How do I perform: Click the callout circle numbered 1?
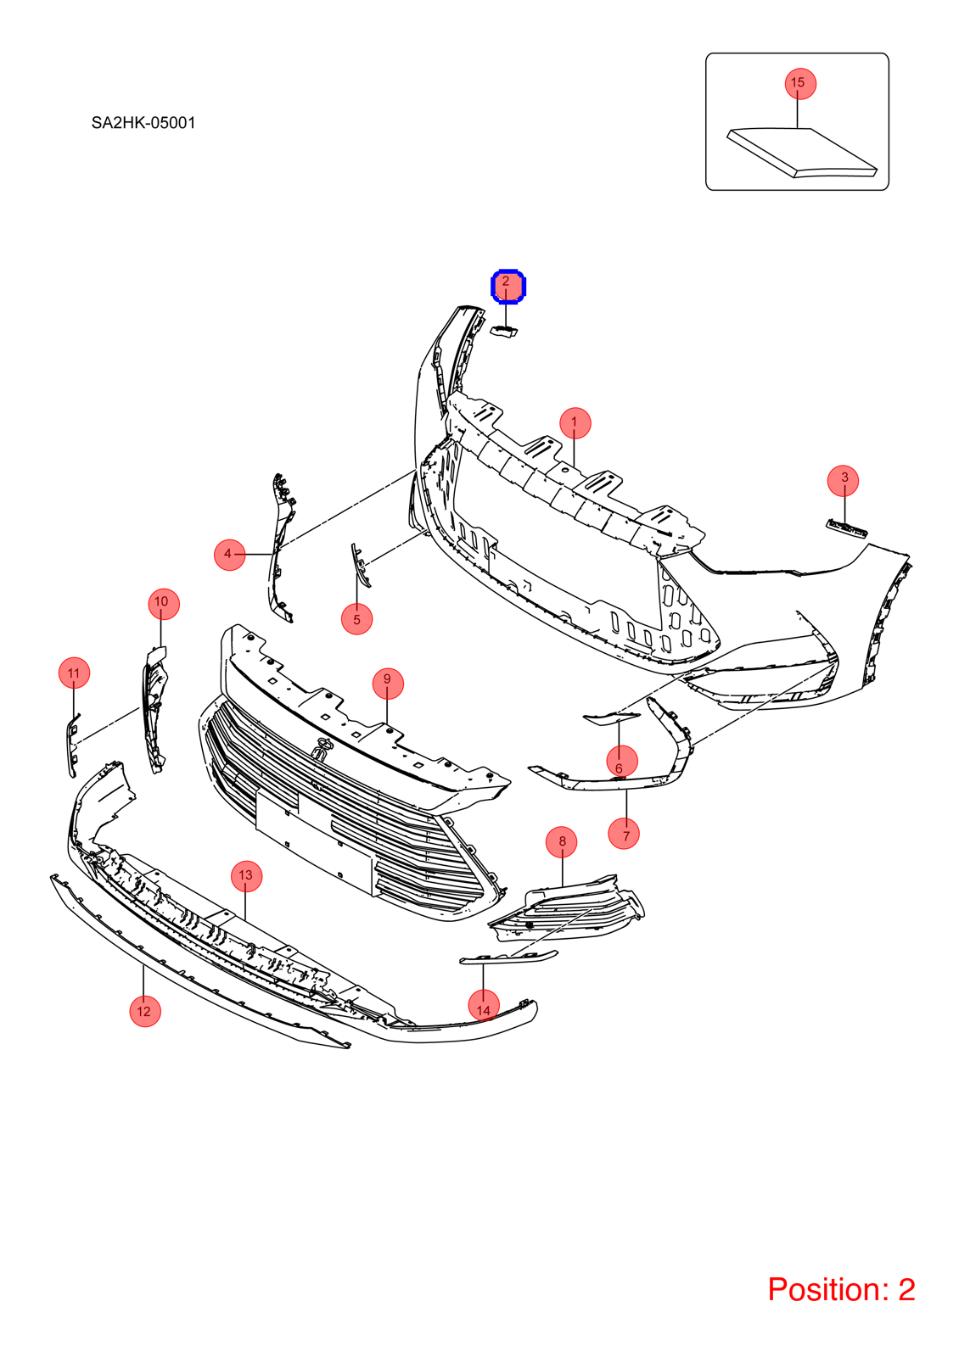click(575, 423)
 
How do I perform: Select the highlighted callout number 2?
click(508, 286)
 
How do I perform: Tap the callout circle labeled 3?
click(844, 480)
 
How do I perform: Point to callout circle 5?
click(357, 618)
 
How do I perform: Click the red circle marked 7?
click(624, 834)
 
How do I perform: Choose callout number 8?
click(561, 841)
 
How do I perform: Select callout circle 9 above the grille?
click(388, 683)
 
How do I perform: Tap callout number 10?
click(164, 603)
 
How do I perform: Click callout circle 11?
click(74, 673)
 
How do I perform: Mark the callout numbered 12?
click(145, 1010)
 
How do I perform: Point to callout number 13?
click(246, 875)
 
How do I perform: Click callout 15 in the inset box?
click(800, 83)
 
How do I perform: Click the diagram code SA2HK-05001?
click(143, 123)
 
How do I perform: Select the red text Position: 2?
click(841, 1288)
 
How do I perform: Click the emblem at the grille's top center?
click(321, 750)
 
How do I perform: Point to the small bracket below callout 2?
click(504, 331)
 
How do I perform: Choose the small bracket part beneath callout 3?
click(847, 528)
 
